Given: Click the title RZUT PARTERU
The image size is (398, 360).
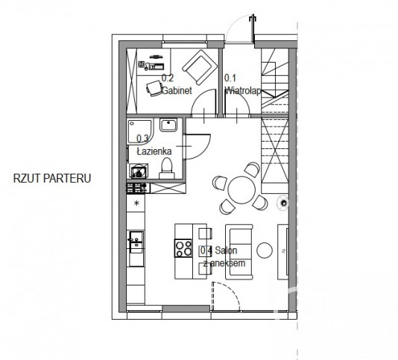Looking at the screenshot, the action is [52, 178].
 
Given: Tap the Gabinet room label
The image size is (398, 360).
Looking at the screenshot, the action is [177, 91].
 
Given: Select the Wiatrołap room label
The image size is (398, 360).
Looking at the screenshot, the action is [243, 91].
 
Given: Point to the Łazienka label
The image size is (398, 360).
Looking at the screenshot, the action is [154, 151].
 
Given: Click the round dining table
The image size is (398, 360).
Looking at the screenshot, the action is [241, 190].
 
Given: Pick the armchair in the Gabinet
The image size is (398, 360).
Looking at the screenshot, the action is [200, 68].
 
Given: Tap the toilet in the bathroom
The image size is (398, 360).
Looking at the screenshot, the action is [167, 168].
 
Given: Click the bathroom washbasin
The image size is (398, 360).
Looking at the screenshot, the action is [168, 125].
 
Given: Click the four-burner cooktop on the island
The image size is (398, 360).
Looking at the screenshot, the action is [183, 248].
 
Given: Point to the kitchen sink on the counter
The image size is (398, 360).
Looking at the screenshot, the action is [136, 242].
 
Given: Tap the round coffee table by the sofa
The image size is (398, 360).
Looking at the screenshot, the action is [265, 250].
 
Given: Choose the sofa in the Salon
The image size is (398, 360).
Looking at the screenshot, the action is [239, 252].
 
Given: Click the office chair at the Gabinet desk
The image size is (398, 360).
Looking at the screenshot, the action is [154, 89].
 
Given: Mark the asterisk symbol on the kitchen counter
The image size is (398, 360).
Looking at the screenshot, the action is [137, 203].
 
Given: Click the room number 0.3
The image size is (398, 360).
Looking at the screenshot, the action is [142, 139].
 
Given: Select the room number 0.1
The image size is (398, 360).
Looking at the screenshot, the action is [230, 78].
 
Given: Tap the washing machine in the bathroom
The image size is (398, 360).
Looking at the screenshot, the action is [139, 171].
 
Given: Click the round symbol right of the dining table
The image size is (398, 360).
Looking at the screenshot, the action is [282, 203].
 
